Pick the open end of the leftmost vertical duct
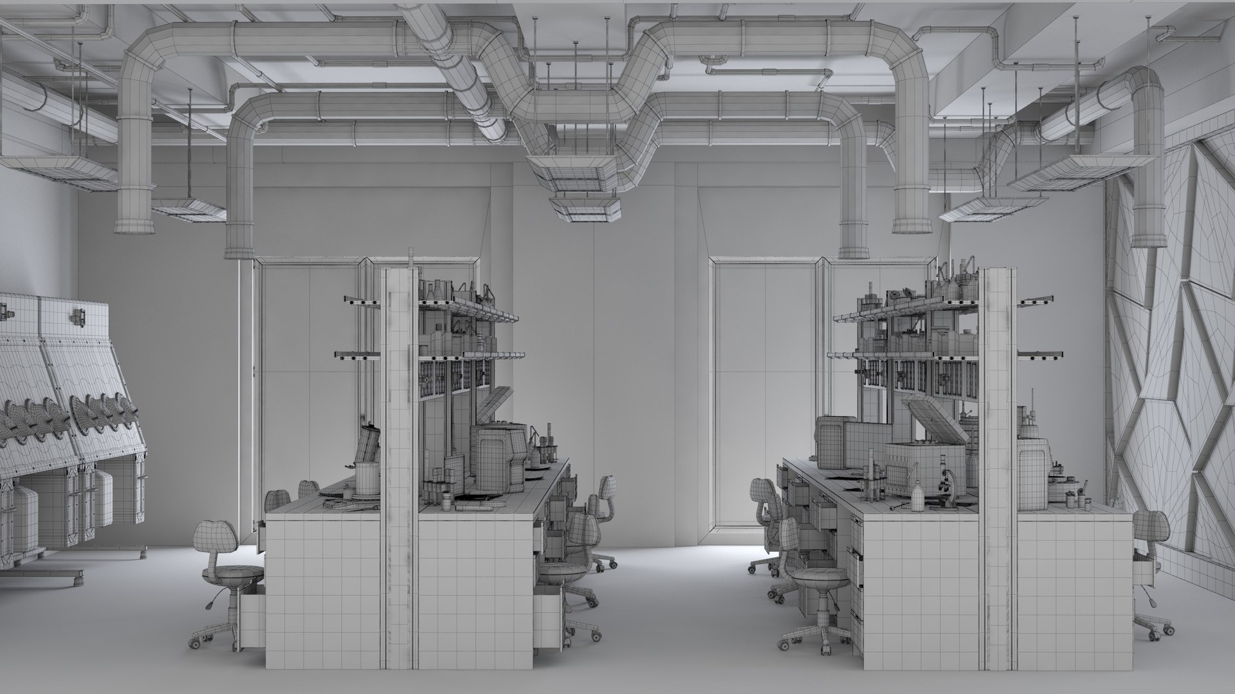(x=134, y=226)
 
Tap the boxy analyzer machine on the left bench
(x=499, y=456)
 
